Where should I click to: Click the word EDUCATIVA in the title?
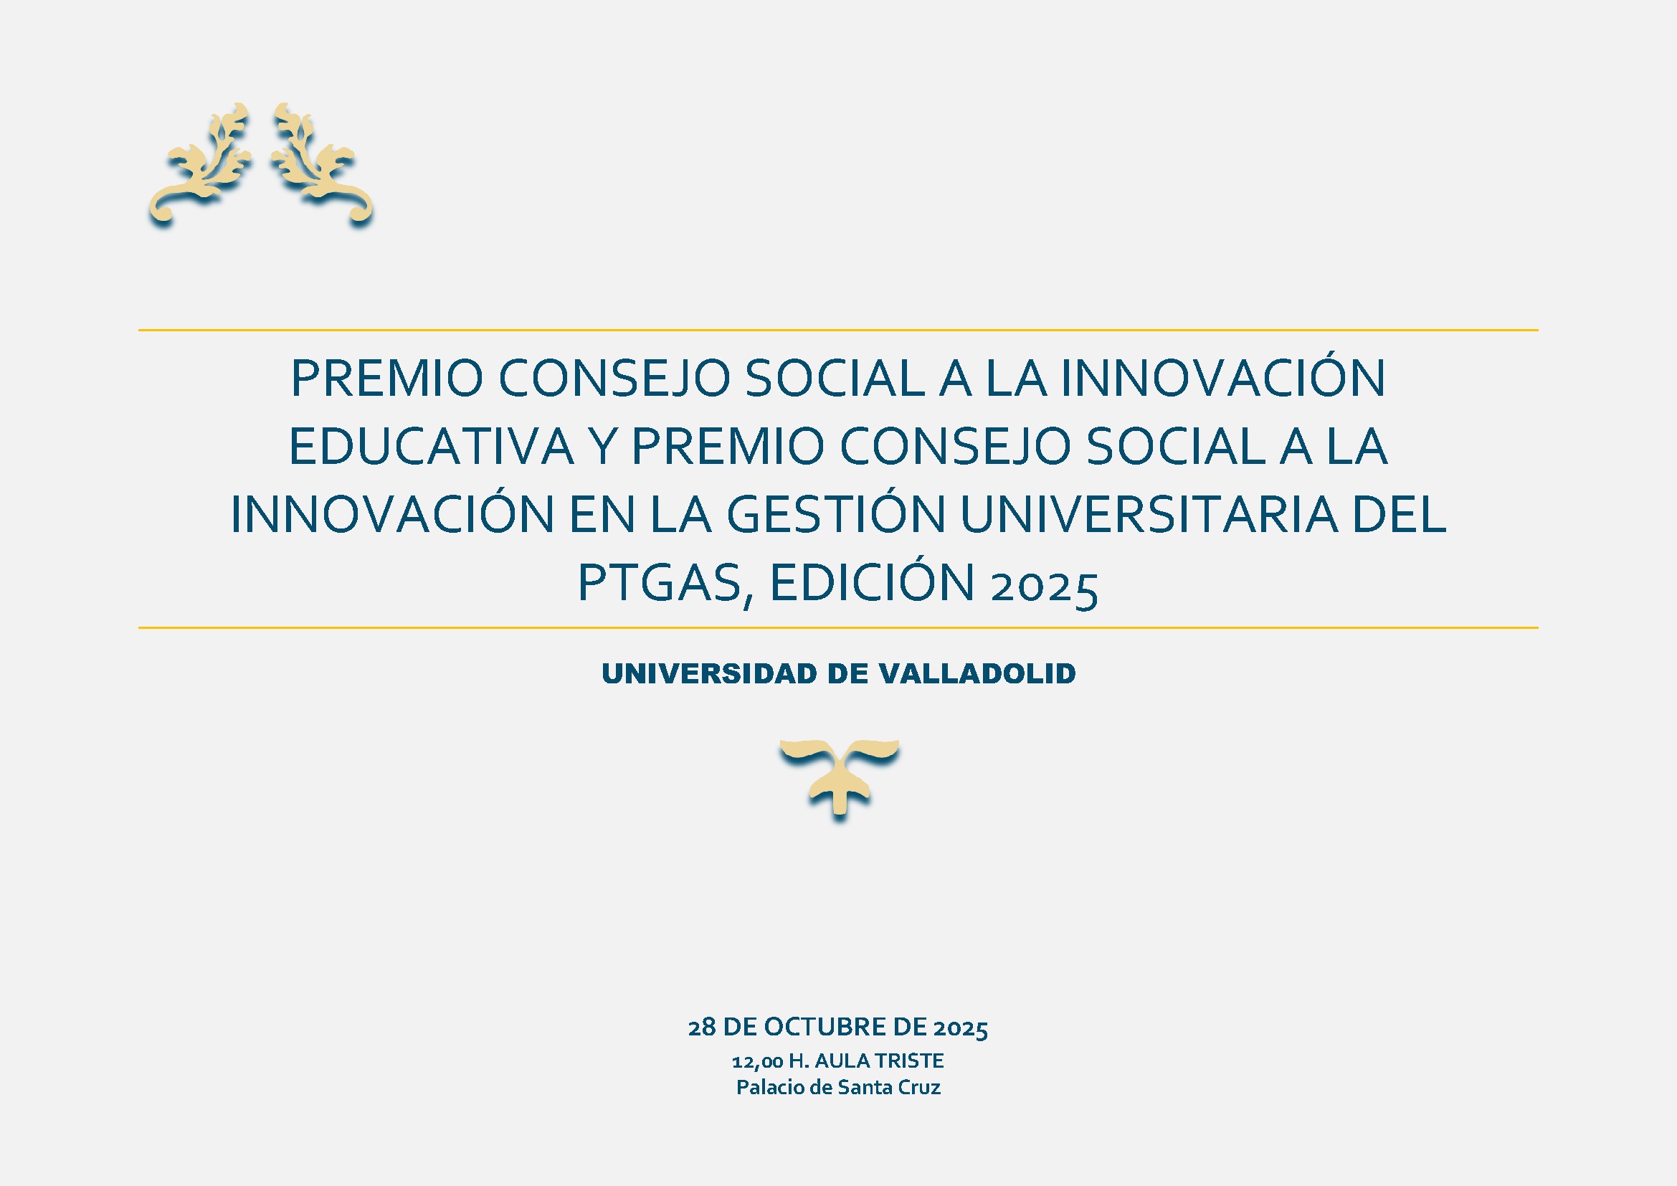tap(432, 446)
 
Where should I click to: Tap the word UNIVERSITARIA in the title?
tap(1149, 514)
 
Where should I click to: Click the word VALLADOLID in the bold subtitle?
tap(977, 673)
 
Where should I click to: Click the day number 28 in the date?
tap(702, 1028)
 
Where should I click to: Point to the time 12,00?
tap(757, 1061)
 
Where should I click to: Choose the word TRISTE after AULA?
tap(910, 1061)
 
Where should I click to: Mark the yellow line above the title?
tap(839, 330)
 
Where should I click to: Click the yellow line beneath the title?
tap(839, 627)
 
